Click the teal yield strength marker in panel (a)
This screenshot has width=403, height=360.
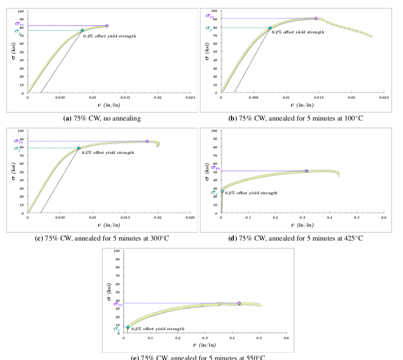(83, 30)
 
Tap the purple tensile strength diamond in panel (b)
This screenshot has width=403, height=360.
(316, 18)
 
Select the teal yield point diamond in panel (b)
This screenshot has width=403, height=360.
(270, 28)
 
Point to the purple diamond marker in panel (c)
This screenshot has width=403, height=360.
(147, 141)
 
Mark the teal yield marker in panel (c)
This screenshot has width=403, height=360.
(79, 148)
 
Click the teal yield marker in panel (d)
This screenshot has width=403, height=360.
(222, 191)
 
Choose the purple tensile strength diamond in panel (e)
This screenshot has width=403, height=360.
(239, 303)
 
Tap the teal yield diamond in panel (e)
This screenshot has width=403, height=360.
(128, 328)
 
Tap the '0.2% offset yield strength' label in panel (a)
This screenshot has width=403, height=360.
(109, 36)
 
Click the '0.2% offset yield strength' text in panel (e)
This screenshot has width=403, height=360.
(158, 329)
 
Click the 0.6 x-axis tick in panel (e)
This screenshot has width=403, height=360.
(286, 338)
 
